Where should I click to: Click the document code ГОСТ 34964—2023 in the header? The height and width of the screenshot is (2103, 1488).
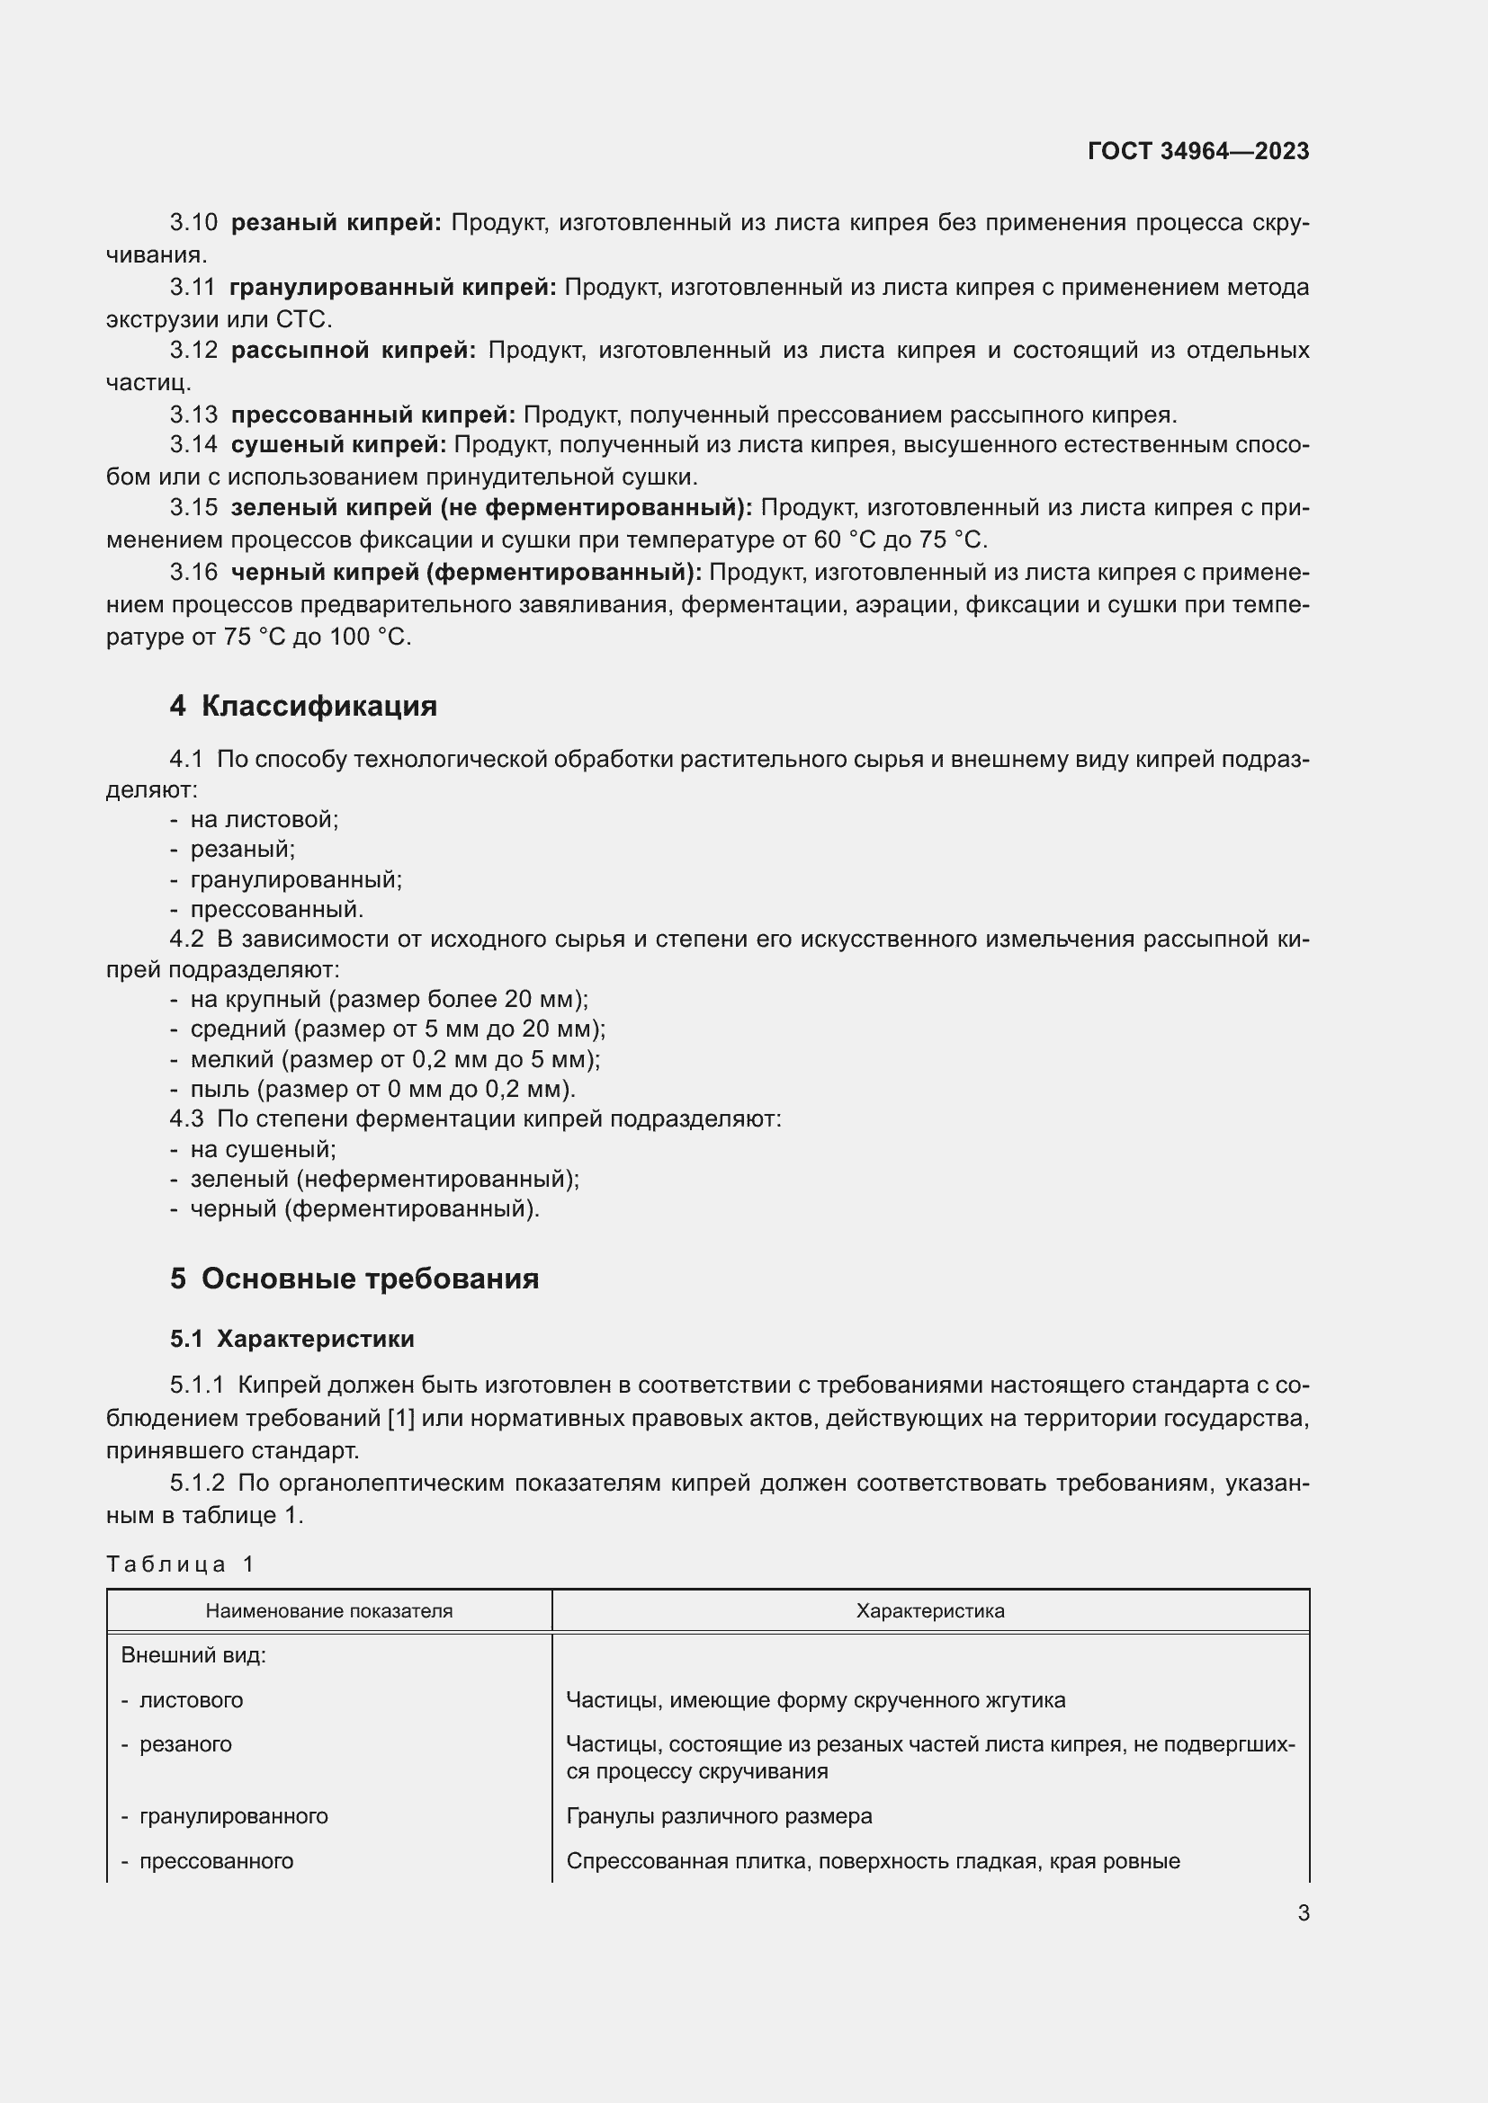point(1197,152)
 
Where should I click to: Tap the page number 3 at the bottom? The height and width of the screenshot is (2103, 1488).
point(1303,1912)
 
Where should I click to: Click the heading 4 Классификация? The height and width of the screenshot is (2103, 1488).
point(303,706)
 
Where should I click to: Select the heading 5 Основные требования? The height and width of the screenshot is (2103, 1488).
point(354,1279)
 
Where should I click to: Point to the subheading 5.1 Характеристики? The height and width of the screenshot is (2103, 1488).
point(291,1339)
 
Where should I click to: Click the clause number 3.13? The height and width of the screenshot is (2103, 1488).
point(193,414)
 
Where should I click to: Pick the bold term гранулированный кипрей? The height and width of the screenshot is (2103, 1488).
point(392,288)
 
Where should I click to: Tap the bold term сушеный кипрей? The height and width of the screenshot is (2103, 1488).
point(338,445)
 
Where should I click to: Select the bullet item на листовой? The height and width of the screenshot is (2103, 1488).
point(264,820)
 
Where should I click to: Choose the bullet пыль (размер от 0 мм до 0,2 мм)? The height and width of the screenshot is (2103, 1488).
point(382,1089)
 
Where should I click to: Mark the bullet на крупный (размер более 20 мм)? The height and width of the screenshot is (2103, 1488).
point(389,999)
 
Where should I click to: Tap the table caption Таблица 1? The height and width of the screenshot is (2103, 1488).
point(180,1564)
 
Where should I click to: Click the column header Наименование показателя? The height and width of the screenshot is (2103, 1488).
point(329,1611)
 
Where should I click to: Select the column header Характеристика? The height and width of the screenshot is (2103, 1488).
point(929,1611)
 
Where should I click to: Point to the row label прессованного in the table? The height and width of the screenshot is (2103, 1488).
point(216,1860)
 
